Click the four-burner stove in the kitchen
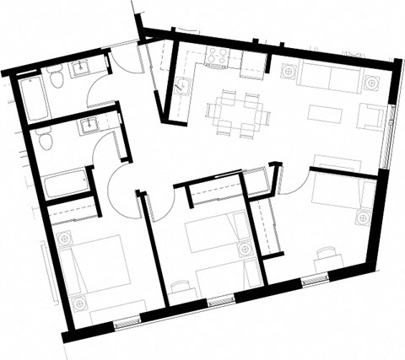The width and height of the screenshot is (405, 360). point(218,57)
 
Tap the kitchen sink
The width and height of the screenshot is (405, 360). point(181,84)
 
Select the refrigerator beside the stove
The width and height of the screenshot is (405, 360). point(252,62)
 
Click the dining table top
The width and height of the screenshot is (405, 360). point(236,111)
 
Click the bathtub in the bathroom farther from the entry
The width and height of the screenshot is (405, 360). point(66,182)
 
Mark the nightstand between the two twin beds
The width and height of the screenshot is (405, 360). point(246,250)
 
